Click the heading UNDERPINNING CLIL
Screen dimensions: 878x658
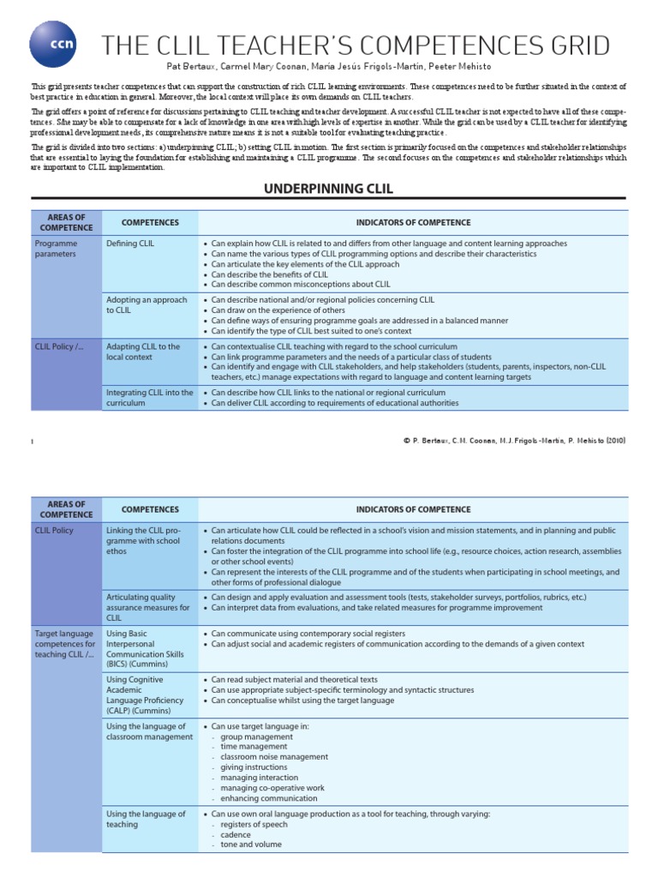click(x=328, y=188)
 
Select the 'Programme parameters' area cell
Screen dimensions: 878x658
click(x=56, y=250)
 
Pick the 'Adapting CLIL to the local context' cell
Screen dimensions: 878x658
click(x=143, y=352)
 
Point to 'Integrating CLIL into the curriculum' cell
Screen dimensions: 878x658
click(x=149, y=398)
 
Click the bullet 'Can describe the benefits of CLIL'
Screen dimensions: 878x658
click(x=269, y=274)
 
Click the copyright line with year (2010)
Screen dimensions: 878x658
click(x=514, y=441)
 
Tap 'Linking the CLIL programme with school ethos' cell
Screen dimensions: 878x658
click(x=144, y=541)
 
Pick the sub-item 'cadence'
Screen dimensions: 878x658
click(x=236, y=834)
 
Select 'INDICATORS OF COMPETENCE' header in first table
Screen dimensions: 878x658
click(x=414, y=223)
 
